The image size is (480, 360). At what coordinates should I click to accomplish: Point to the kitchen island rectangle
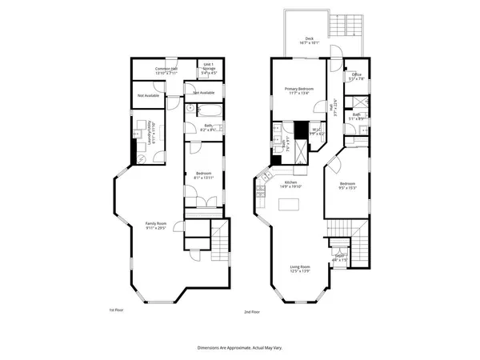(x=289, y=206)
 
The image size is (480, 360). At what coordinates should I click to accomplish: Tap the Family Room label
(x=155, y=225)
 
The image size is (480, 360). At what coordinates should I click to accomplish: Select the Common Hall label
(x=166, y=70)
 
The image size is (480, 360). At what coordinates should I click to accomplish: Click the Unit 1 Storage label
(x=208, y=70)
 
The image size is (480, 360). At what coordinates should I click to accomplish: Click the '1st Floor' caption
(x=116, y=310)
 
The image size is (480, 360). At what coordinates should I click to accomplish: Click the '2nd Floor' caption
(x=252, y=311)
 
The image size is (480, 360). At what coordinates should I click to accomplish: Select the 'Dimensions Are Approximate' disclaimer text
(x=239, y=348)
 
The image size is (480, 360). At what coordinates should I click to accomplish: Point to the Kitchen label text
(x=291, y=183)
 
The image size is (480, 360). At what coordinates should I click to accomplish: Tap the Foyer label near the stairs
(x=340, y=258)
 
